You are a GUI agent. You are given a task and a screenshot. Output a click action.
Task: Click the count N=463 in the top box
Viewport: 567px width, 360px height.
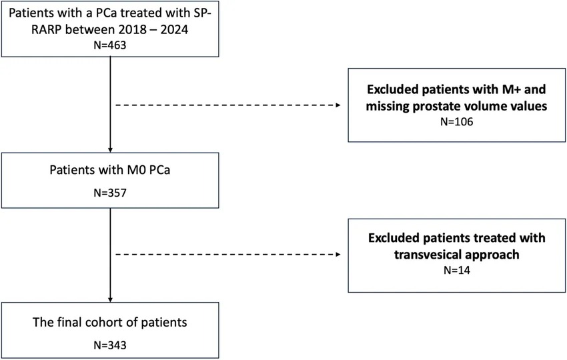110,45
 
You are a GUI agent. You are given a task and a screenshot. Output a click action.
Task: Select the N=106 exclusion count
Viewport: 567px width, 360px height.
457,122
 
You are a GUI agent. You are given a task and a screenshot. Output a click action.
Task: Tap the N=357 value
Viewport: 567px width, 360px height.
110,193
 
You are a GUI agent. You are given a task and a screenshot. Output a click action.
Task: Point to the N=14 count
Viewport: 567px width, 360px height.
457,271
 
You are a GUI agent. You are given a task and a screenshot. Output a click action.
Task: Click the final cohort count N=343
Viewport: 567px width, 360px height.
110,345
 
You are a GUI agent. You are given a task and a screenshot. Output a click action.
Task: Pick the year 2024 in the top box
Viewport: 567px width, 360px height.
174,29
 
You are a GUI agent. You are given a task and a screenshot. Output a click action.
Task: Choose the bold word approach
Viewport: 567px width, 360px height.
492,255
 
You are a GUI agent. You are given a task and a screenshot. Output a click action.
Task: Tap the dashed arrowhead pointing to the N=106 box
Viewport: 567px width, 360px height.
338,105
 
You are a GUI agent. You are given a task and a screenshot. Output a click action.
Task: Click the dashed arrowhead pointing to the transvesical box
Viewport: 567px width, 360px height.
338,255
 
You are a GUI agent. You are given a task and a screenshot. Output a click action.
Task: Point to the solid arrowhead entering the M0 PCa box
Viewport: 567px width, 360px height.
110,150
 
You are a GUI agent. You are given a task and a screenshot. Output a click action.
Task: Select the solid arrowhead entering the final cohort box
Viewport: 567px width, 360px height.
110,299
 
